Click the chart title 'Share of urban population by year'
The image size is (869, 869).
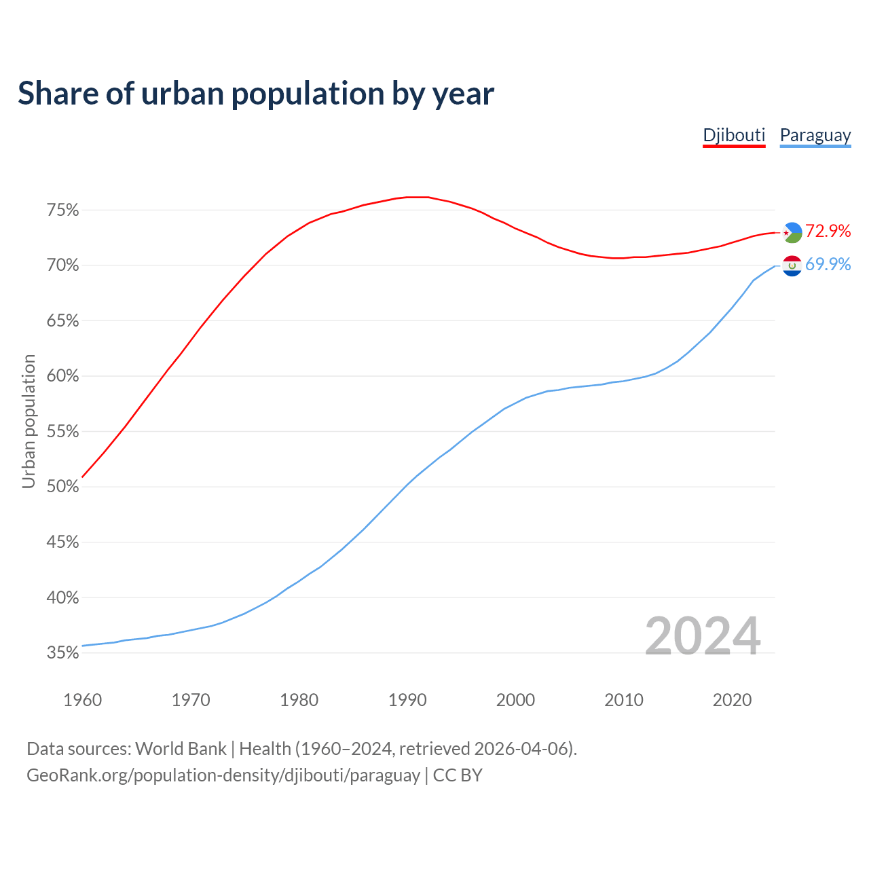pos(256,94)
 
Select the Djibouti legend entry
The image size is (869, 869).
pos(734,135)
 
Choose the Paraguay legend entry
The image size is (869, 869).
pos(815,135)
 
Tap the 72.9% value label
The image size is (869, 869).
pos(828,231)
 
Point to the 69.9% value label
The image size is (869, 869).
pos(828,264)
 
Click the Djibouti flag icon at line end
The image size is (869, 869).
pos(792,232)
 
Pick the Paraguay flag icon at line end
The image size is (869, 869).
pos(792,265)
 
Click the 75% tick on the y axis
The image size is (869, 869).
pos(62,210)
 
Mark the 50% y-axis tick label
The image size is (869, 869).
pos(62,487)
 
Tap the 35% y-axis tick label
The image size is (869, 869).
pos(62,653)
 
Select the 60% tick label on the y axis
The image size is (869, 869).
pos(62,376)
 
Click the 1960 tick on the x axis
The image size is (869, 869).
pos(82,700)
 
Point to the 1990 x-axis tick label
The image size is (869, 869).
pos(407,700)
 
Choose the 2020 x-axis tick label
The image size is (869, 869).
pos(732,700)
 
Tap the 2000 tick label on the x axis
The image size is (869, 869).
pos(515,700)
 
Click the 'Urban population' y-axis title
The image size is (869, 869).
pos(29,421)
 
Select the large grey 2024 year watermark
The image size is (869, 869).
pos(702,636)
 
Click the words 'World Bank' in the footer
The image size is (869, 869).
pos(181,749)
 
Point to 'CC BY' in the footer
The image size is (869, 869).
pos(458,775)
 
